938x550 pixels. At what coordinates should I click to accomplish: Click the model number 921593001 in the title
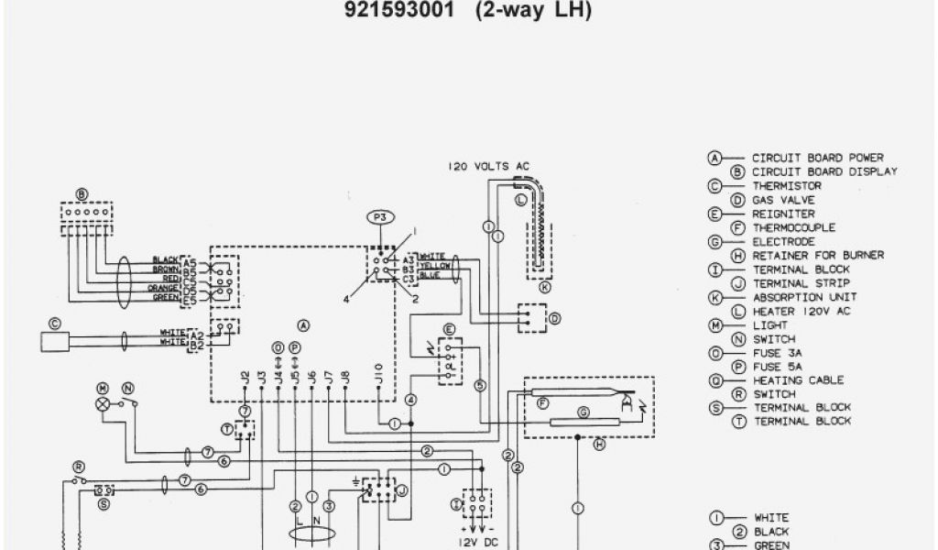[398, 11]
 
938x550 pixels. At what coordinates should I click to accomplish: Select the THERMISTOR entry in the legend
[787, 186]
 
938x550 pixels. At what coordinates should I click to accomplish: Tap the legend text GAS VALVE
[783, 200]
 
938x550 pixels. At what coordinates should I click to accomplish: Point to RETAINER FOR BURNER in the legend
[818, 256]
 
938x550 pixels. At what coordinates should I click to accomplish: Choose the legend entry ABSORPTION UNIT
[804, 298]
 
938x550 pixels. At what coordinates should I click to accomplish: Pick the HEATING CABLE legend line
[798, 380]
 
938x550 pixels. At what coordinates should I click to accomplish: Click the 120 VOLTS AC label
[488, 166]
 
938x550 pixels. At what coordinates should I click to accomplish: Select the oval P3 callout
[379, 217]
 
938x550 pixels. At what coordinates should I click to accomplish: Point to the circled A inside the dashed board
[303, 325]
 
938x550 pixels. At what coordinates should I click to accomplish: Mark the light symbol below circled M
[103, 403]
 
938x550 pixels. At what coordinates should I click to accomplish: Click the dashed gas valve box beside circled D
[529, 317]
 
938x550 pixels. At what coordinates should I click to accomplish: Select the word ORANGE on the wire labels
[165, 288]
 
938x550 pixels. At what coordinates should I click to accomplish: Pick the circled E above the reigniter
[449, 329]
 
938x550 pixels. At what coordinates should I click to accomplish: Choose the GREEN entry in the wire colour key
[770, 544]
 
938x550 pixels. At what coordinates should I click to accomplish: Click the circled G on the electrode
[582, 412]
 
